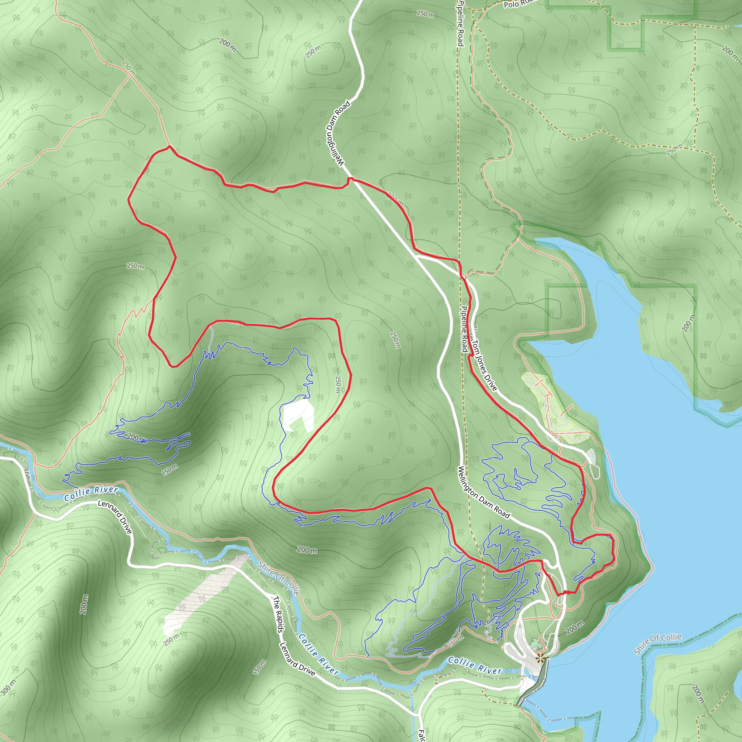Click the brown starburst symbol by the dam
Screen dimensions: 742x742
click(x=540, y=659)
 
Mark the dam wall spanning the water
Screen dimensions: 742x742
click(x=532, y=685)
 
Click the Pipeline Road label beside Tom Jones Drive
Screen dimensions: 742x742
click(x=464, y=329)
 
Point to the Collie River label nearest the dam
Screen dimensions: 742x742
click(x=475, y=666)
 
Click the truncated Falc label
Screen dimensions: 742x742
click(x=421, y=735)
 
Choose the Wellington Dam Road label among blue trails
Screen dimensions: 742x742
click(x=484, y=492)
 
